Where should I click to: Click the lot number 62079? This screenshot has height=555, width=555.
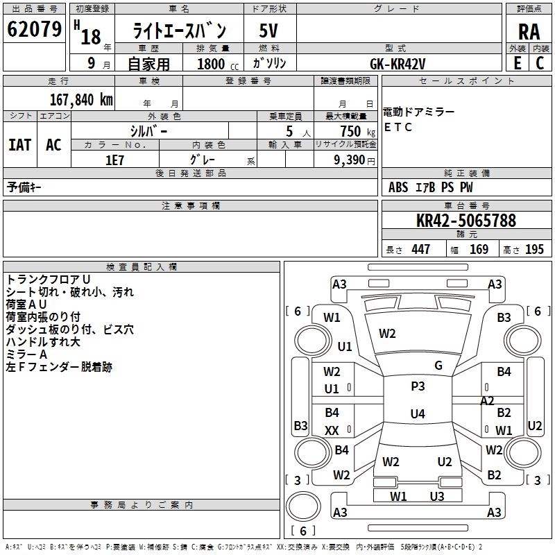tap(34, 29)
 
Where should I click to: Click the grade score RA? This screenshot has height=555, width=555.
tap(529, 32)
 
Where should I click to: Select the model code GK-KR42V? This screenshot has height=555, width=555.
tap(398, 64)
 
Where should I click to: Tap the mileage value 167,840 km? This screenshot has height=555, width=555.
tap(81, 100)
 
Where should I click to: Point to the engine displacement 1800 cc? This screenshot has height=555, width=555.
tap(218, 64)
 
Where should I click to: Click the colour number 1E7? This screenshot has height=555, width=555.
tap(114, 160)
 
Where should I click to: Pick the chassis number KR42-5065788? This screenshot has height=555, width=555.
tap(466, 221)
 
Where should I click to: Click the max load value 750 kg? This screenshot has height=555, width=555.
tap(358, 131)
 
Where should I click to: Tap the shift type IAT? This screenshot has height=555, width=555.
tap(20, 145)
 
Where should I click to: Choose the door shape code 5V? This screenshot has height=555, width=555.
tap(268, 31)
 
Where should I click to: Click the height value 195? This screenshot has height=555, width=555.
tap(534, 249)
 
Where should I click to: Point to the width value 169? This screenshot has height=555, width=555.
tap(479, 249)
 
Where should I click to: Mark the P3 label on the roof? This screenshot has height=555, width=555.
tap(418, 386)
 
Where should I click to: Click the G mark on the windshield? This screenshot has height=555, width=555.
tap(438, 366)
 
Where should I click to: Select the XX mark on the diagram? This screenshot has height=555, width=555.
tap(332, 430)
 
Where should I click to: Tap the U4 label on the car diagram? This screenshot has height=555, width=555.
tap(418, 413)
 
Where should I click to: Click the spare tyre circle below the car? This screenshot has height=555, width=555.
tap(303, 506)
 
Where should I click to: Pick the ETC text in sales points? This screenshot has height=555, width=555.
tap(398, 127)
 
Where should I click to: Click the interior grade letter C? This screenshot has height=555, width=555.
tap(540, 63)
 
